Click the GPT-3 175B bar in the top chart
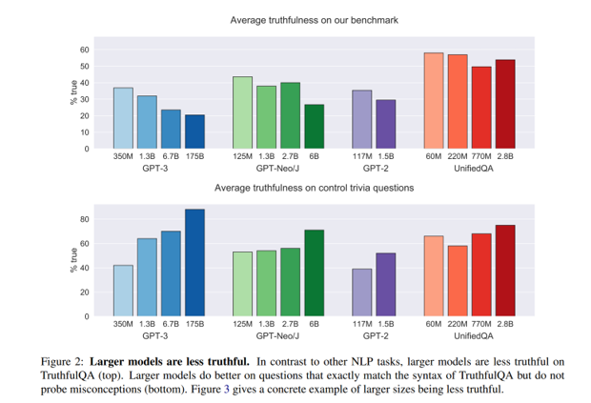click(194, 131)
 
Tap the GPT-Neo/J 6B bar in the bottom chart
click(315, 272)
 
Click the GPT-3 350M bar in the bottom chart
click(123, 291)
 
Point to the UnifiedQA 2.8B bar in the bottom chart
click(505, 270)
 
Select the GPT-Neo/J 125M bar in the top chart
click(243, 112)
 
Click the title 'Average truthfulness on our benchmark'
click(314, 20)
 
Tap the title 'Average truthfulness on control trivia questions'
click(314, 188)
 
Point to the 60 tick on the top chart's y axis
click(84, 50)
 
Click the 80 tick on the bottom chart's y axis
click(84, 219)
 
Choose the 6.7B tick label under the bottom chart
click(171, 325)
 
